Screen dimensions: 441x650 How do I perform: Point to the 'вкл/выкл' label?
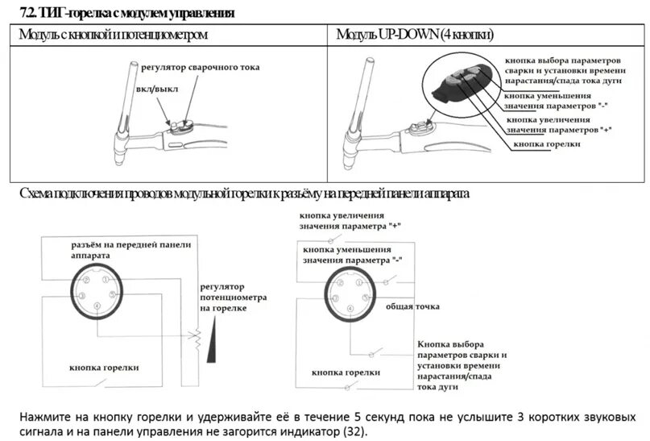click(155, 88)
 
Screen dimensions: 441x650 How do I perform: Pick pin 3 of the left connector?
click(111, 295)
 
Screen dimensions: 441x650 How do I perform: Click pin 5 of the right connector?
click(367, 297)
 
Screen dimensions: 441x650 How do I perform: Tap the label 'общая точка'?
click(411, 307)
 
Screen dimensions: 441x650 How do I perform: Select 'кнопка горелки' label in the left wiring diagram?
click(105, 367)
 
